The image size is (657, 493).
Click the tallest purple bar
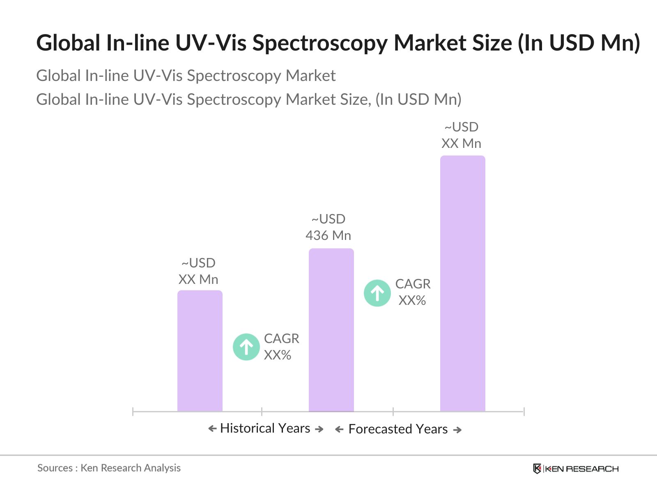[x=462, y=283]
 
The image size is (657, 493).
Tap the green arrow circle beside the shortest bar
[x=246, y=347]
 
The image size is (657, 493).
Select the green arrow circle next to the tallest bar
[x=377, y=293]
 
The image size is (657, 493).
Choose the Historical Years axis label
[x=265, y=428]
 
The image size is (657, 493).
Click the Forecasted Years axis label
[x=398, y=429]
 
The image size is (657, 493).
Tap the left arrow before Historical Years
[x=212, y=429]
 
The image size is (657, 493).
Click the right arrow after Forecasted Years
[x=457, y=430]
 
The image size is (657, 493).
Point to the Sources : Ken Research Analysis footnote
[x=109, y=468]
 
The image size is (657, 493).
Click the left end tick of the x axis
[x=133, y=411]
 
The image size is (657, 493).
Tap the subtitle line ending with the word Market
[x=186, y=76]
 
